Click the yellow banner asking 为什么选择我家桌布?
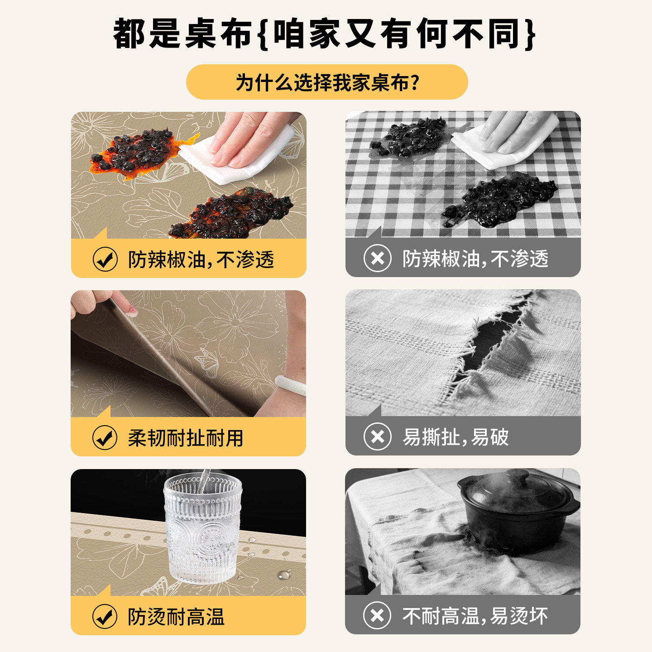pos(327,82)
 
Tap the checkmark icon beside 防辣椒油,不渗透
pos(105,259)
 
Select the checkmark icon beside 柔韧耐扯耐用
pos(105,438)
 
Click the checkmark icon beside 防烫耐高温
pos(105,616)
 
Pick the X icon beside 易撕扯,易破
pos(378,437)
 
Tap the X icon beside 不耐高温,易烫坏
pos(378,615)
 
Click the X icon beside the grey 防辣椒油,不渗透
pos(378,259)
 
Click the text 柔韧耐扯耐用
pos(186,438)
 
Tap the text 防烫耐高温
pos(176,617)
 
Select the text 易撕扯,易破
pos(455,437)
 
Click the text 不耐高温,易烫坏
pos(475,616)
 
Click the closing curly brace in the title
pos(530,34)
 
